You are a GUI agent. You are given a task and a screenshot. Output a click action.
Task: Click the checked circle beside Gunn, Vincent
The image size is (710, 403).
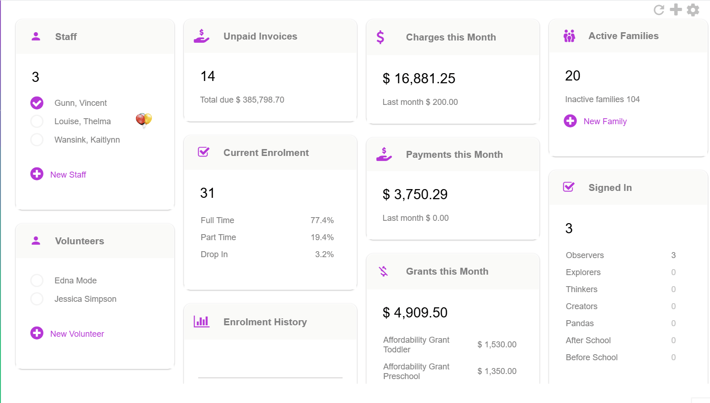coord(37,103)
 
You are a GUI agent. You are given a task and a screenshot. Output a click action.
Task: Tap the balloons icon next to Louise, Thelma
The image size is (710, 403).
coord(143,120)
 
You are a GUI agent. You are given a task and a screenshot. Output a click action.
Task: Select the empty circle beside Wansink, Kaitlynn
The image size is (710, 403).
coord(37,139)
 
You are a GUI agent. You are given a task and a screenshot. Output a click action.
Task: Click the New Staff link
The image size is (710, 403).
coord(68,175)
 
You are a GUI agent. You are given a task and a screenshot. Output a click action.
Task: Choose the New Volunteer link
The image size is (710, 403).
coord(77,334)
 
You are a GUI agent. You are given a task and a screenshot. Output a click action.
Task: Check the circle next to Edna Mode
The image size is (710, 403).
coord(37,281)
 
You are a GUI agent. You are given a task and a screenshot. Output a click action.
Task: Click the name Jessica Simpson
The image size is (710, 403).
coord(85,299)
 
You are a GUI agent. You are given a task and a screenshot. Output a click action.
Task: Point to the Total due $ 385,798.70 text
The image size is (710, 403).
coord(242,100)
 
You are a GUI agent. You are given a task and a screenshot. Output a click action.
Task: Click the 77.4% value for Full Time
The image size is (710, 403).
coord(322,220)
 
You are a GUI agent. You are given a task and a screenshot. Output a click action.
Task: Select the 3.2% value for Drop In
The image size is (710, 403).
coord(324,254)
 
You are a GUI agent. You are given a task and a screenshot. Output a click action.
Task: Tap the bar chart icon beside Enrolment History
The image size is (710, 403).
coord(201,322)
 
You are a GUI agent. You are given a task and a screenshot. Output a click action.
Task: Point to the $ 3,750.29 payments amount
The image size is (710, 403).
coord(415,195)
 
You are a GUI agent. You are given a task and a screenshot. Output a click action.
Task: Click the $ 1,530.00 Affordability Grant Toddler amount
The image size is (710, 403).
coord(497,345)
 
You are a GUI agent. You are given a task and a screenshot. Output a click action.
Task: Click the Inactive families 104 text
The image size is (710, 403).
coord(602,99)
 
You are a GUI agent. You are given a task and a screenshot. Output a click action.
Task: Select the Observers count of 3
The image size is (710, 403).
coord(673,255)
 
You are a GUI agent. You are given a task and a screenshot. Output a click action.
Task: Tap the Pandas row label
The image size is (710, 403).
coord(579,323)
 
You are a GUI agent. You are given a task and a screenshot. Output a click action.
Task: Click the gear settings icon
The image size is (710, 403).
coord(693,10)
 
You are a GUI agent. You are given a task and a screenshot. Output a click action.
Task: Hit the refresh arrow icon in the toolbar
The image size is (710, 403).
coord(659,10)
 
